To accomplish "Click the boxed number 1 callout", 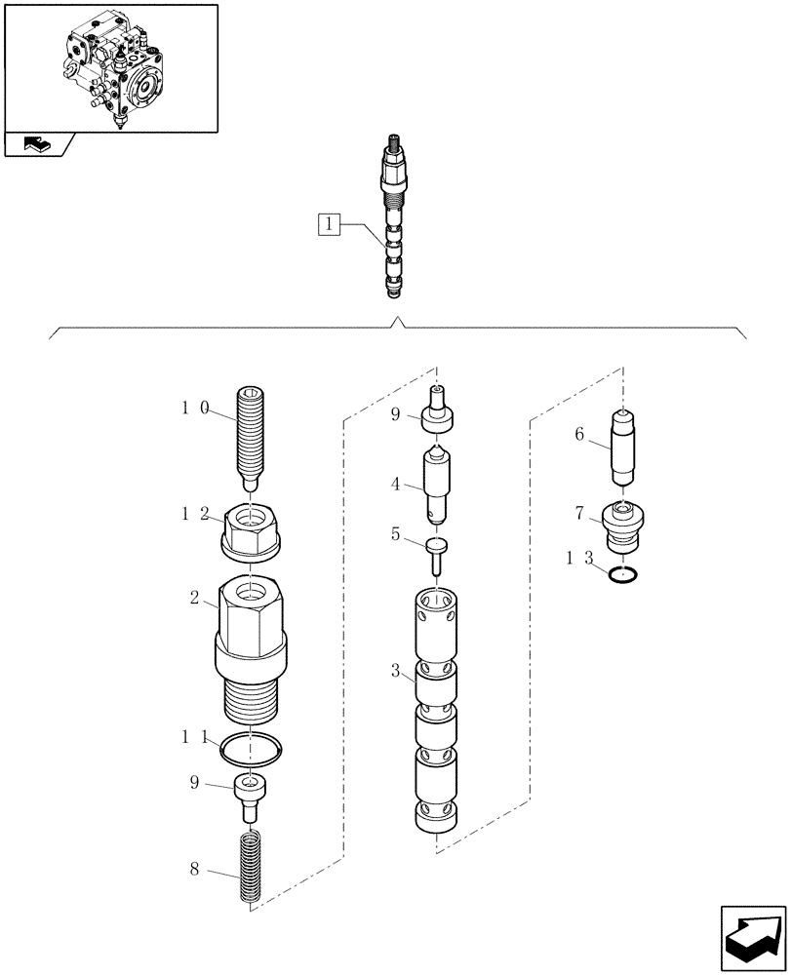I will click(x=330, y=225).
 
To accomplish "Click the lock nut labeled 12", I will click(x=251, y=532).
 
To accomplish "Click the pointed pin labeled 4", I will click(x=437, y=484).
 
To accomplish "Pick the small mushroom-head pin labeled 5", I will click(x=437, y=556).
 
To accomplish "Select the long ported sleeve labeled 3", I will click(x=437, y=712).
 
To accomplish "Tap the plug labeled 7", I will click(x=624, y=526).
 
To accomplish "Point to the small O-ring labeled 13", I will click(x=624, y=575).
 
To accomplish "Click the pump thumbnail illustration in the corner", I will click(x=110, y=67).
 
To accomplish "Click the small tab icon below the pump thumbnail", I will click(x=39, y=144).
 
